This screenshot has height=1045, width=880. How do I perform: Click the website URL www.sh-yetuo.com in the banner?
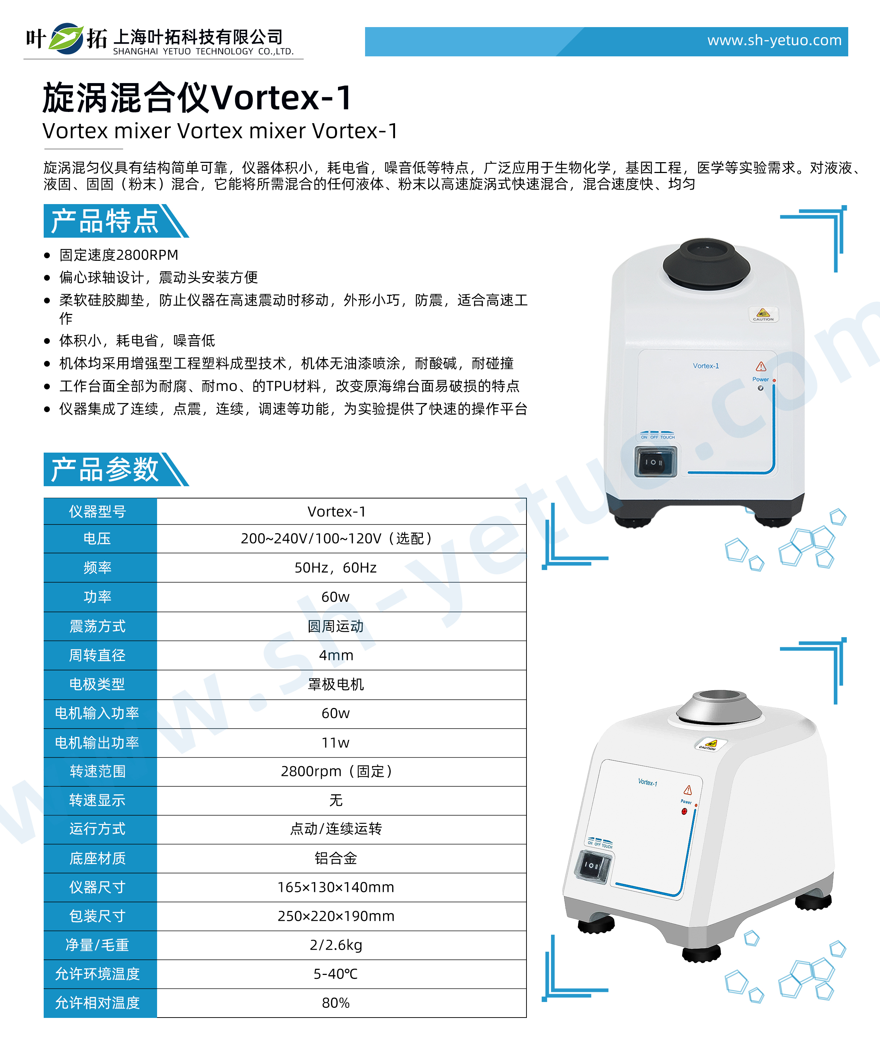click(x=774, y=40)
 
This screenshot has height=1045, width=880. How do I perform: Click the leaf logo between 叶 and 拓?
click(x=66, y=38)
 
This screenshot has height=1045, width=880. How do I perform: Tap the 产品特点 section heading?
click(x=105, y=221)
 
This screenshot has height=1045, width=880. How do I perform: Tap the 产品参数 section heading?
click(x=105, y=469)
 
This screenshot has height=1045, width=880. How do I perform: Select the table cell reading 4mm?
click(x=336, y=655)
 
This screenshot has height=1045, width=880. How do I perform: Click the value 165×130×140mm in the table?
click(x=336, y=887)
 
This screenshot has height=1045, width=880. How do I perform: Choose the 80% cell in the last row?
click(x=336, y=1003)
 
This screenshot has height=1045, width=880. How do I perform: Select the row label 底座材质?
click(x=97, y=858)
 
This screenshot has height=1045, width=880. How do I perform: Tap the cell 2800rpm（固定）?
click(x=336, y=771)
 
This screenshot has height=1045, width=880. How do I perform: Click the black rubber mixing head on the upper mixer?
click(x=706, y=263)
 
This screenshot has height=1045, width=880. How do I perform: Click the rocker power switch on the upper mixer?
click(x=655, y=462)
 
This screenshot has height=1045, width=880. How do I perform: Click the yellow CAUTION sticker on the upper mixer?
click(x=763, y=314)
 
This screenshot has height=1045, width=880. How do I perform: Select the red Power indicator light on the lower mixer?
click(x=684, y=811)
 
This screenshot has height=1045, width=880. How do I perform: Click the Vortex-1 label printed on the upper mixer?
click(x=706, y=366)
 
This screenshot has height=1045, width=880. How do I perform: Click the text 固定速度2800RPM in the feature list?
click(x=119, y=255)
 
